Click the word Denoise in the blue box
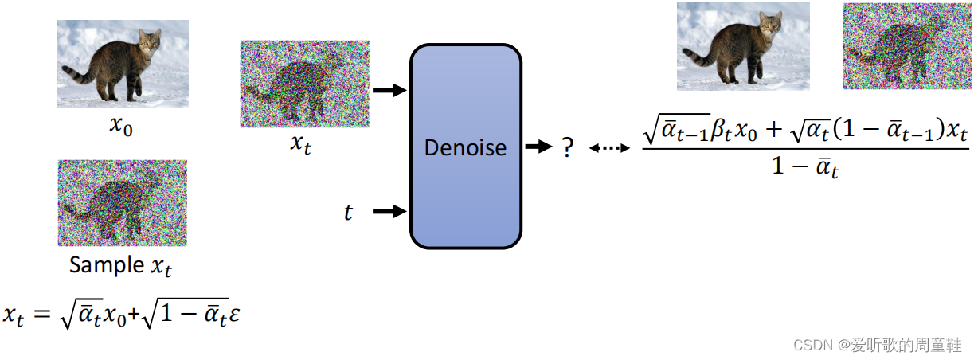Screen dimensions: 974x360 point(465,147)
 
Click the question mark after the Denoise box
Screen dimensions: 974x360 point(567,148)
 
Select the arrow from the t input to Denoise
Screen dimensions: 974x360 point(389,212)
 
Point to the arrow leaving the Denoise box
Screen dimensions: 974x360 point(539,147)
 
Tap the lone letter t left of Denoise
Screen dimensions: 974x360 point(348,212)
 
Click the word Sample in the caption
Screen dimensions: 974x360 point(105,265)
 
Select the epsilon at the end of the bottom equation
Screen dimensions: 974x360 point(234,315)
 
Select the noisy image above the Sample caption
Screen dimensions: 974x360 point(123,202)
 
